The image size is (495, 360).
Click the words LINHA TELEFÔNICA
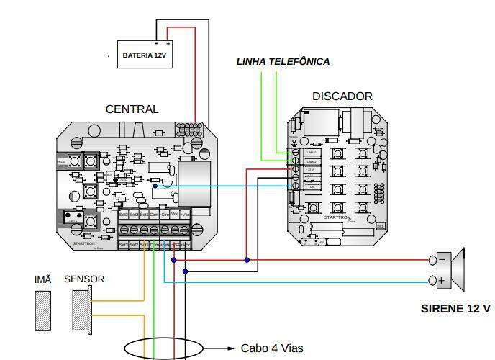[283, 62]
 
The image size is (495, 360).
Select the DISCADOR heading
[342, 96]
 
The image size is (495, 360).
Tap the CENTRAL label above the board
[132, 109]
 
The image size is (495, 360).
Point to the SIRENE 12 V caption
[455, 309]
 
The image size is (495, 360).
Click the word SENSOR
[84, 279]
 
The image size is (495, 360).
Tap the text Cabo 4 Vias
[272, 348]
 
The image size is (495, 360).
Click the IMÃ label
[43, 279]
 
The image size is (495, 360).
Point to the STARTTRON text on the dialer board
[337, 217]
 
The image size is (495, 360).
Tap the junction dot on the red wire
[246, 260]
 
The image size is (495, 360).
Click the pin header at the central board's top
[189, 130]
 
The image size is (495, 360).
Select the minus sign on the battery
[156, 43]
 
